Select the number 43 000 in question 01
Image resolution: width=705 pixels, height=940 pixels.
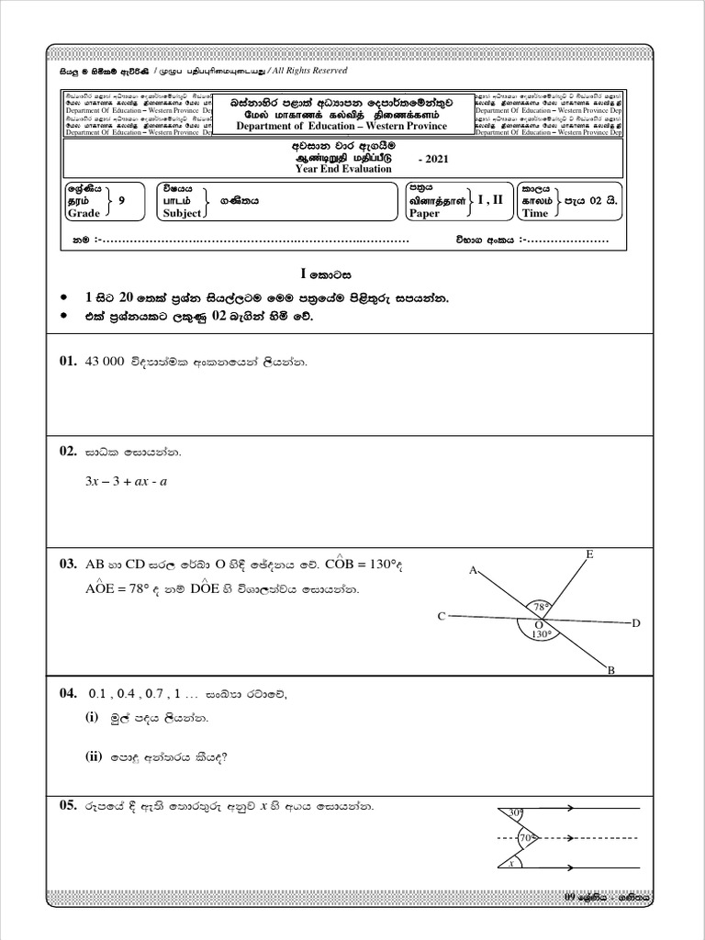tap(104, 363)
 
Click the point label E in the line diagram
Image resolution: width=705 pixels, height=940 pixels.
tap(588, 554)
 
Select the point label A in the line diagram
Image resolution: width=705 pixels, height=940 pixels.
tap(474, 570)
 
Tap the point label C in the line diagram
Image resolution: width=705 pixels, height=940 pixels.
tap(442, 616)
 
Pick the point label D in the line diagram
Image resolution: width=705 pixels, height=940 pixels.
tap(635, 624)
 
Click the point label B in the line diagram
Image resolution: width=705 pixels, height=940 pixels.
tap(610, 672)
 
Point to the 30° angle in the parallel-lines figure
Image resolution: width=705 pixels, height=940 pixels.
tap(516, 812)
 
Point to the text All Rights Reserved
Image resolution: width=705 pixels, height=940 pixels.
tap(306, 70)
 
